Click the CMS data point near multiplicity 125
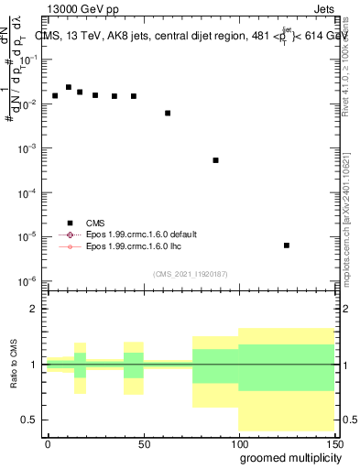click(x=287, y=245)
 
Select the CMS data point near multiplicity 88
click(x=215, y=160)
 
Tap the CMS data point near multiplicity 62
click(x=168, y=113)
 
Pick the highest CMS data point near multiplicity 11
click(x=69, y=87)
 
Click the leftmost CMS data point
click(x=55, y=95)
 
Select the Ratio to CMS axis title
click(x=15, y=365)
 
